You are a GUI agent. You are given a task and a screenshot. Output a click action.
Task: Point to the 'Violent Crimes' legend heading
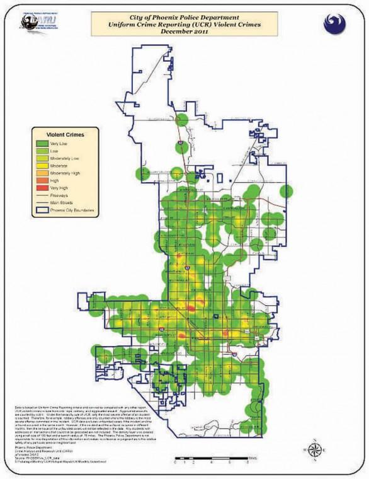[65, 134]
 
